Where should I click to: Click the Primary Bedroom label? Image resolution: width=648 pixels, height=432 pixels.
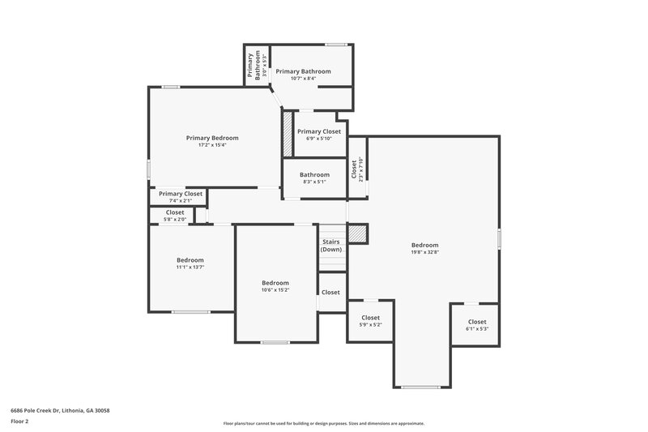click(x=212, y=138)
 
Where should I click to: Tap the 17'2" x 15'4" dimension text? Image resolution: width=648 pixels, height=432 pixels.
click(x=212, y=145)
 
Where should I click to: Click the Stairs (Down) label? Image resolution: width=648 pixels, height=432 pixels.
click(x=330, y=246)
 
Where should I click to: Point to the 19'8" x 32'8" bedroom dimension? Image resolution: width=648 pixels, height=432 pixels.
click(x=424, y=252)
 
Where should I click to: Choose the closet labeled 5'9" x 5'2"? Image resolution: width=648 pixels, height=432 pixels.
click(x=370, y=321)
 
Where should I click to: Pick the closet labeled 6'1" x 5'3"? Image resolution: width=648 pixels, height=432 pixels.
click(x=477, y=325)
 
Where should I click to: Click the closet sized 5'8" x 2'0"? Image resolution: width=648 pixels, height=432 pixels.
click(x=175, y=216)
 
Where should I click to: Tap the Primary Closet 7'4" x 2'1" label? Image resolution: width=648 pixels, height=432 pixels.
click(x=181, y=197)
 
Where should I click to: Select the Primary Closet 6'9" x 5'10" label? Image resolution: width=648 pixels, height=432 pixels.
click(x=319, y=135)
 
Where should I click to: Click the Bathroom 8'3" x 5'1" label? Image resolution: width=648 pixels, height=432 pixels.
click(x=314, y=178)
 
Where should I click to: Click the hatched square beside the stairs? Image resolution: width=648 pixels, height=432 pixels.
click(x=357, y=233)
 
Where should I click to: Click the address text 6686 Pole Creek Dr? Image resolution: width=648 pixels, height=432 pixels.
click(x=60, y=410)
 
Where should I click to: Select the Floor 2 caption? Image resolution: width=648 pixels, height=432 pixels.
click(x=19, y=421)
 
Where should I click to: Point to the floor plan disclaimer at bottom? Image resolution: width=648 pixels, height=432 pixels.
click(x=323, y=423)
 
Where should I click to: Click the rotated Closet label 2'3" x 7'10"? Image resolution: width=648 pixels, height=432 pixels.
click(x=357, y=169)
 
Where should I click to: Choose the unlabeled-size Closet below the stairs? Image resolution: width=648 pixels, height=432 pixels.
click(x=330, y=292)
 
